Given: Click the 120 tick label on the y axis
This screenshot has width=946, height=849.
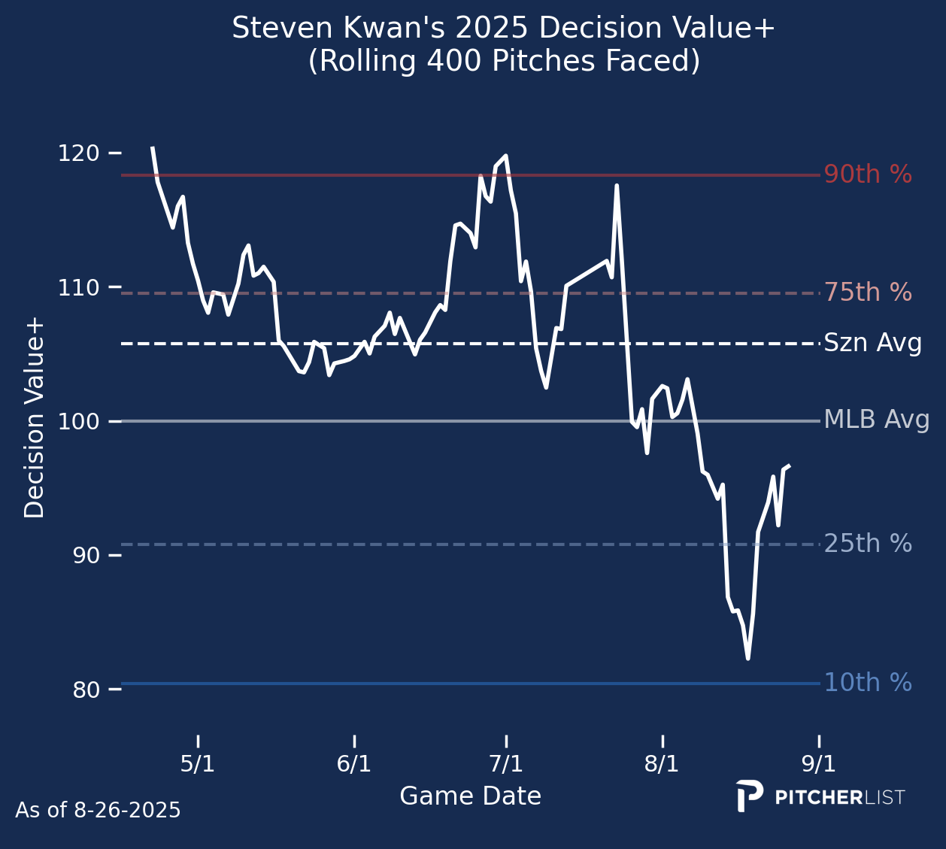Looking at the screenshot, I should (x=78, y=153).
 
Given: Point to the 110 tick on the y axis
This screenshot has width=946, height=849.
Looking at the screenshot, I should (x=78, y=287).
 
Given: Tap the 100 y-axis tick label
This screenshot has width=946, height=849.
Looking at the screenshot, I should (x=78, y=421).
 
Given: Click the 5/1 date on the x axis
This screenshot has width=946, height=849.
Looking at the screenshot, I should (x=198, y=765).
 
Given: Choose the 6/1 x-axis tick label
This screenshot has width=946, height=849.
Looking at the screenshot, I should (x=354, y=765).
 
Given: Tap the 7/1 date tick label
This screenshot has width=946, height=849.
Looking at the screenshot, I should (x=506, y=765).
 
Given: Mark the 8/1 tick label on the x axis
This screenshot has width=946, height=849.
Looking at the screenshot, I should (x=662, y=765).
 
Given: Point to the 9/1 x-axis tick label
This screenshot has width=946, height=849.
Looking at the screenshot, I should (x=819, y=765).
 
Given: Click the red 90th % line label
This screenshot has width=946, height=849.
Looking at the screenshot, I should (x=868, y=174).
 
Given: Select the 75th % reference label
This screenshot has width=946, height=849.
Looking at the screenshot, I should (x=868, y=293).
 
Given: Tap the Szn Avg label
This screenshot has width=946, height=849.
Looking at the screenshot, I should (x=873, y=344).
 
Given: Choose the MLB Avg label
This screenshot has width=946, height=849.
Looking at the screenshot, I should (x=877, y=420).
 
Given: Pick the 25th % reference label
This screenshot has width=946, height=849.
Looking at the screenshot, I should (x=868, y=544).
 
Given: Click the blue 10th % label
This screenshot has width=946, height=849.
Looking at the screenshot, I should (x=868, y=683).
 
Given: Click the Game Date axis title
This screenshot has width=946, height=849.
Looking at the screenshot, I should (x=470, y=796).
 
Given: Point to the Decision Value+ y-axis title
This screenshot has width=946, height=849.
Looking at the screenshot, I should (x=35, y=418).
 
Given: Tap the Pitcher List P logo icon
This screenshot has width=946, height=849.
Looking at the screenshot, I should (x=749, y=796).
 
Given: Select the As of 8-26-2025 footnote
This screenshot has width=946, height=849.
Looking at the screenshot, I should (x=98, y=811).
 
